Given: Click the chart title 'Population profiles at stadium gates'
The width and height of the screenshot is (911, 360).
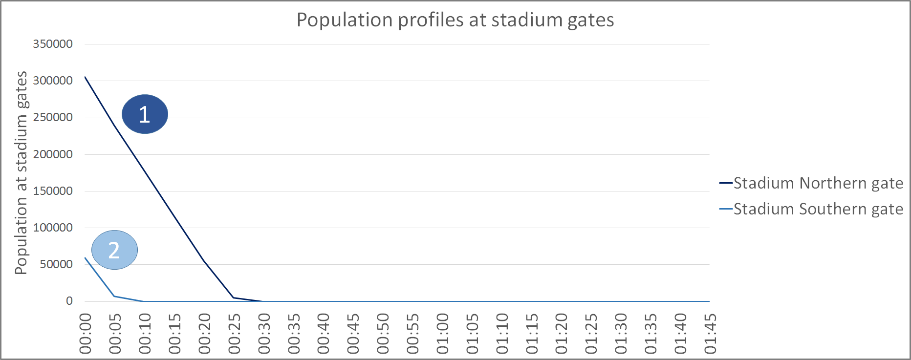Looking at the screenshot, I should click(455, 20).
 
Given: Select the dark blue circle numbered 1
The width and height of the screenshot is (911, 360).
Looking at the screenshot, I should click(145, 114).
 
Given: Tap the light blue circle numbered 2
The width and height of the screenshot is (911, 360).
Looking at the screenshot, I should click(114, 250).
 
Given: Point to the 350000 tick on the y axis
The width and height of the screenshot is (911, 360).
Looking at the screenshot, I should click(53, 44).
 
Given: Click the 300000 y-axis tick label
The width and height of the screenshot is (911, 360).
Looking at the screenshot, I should click(53, 81).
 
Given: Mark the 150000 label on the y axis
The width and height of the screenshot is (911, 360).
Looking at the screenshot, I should click(53, 191).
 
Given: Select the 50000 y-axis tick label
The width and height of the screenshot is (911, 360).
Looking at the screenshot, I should click(56, 264).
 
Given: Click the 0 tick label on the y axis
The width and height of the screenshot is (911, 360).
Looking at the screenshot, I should click(69, 301).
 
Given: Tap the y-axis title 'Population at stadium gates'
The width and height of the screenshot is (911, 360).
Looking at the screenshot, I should click(21, 172).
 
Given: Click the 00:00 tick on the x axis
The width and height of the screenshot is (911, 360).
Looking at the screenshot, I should click(86, 334).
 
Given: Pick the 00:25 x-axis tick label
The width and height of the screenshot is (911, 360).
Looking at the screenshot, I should click(235, 334).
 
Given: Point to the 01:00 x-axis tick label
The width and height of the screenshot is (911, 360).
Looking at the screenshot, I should click(443, 334).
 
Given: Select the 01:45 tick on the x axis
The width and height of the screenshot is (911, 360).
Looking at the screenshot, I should click(710, 334).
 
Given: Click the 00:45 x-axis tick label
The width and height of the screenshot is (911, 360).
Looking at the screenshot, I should click(353, 334).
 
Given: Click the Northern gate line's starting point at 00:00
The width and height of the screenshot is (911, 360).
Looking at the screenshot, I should click(85, 77).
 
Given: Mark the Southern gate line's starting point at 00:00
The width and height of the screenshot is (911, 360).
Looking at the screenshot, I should click(85, 257).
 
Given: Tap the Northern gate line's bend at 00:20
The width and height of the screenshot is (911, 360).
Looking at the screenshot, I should click(204, 260).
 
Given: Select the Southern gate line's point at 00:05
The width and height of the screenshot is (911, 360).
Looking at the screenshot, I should click(114, 296).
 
